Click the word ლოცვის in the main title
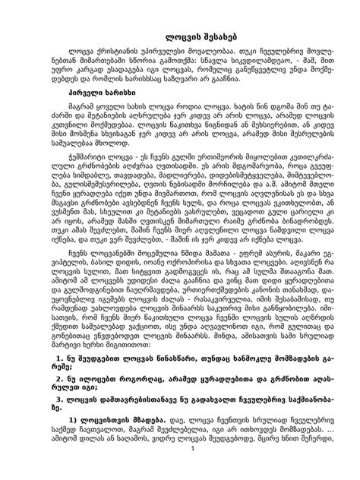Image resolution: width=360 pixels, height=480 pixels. point(162,36)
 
